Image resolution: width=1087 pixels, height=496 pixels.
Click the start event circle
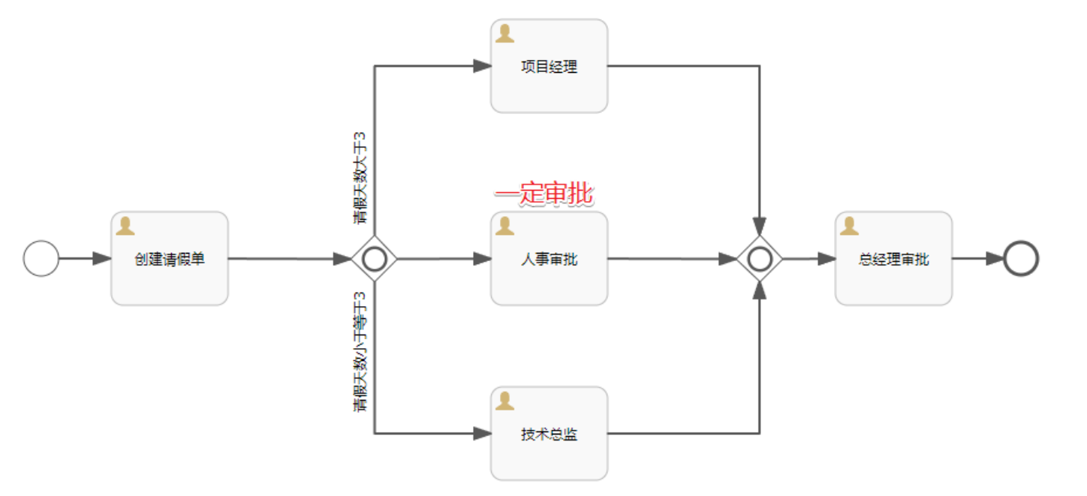(41, 259)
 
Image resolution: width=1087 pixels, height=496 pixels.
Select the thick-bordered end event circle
(1021, 259)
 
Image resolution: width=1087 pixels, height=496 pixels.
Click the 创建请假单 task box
(170, 259)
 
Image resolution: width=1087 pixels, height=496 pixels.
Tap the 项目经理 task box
(549, 67)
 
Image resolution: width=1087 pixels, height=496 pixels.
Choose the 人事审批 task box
(549, 259)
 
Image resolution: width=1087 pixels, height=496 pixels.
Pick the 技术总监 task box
(549, 434)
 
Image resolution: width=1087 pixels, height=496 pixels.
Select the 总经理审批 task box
(893, 259)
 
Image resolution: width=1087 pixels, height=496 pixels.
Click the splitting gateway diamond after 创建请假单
(375, 259)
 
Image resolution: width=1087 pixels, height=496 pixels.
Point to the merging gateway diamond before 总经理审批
(760, 259)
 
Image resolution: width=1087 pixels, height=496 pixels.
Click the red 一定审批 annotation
(543, 194)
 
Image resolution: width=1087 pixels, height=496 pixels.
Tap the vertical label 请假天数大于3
(361, 179)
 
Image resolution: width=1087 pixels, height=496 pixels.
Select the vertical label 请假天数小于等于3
(361, 351)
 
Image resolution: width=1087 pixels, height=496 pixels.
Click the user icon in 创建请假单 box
(125, 226)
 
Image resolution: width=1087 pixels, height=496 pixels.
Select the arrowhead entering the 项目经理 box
(482, 66)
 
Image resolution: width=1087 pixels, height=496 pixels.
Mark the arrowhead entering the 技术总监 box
(482, 434)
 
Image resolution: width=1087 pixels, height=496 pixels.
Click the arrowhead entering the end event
(995, 259)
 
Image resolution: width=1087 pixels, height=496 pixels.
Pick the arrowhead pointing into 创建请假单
(102, 259)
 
